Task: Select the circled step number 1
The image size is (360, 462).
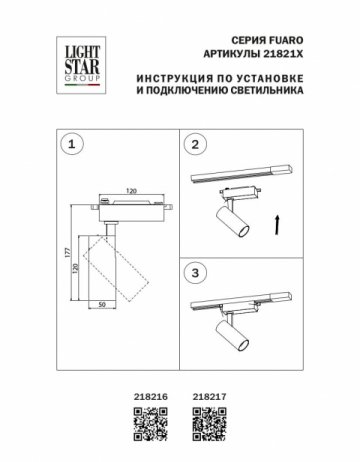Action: [x=68, y=145]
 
